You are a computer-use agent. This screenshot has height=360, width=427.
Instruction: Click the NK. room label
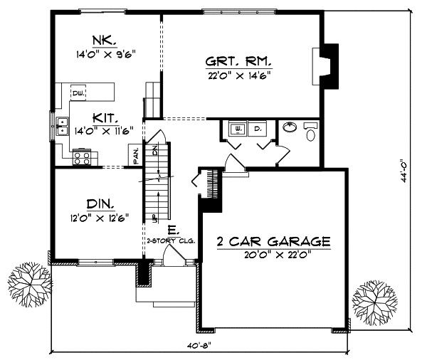tap(98, 39)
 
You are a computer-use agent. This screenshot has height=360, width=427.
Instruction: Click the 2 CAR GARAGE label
tap(274, 242)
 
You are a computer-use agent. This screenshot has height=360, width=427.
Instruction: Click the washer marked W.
tap(237, 129)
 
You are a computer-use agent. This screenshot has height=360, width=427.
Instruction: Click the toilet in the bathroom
tap(311, 130)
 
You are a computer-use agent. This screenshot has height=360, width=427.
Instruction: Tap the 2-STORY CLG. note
tap(171, 242)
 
